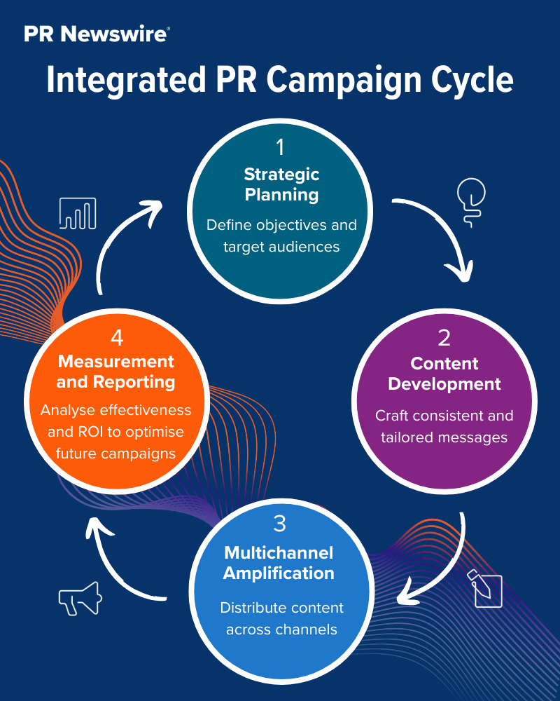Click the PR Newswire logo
(x=97, y=34)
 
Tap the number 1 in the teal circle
(x=280, y=147)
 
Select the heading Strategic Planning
(x=281, y=184)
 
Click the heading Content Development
(x=444, y=374)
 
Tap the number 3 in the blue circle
(x=279, y=523)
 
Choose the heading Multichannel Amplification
(x=279, y=563)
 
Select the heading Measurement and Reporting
(x=116, y=372)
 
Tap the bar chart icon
(x=78, y=213)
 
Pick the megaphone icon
(x=80, y=599)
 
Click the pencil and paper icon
(x=486, y=588)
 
